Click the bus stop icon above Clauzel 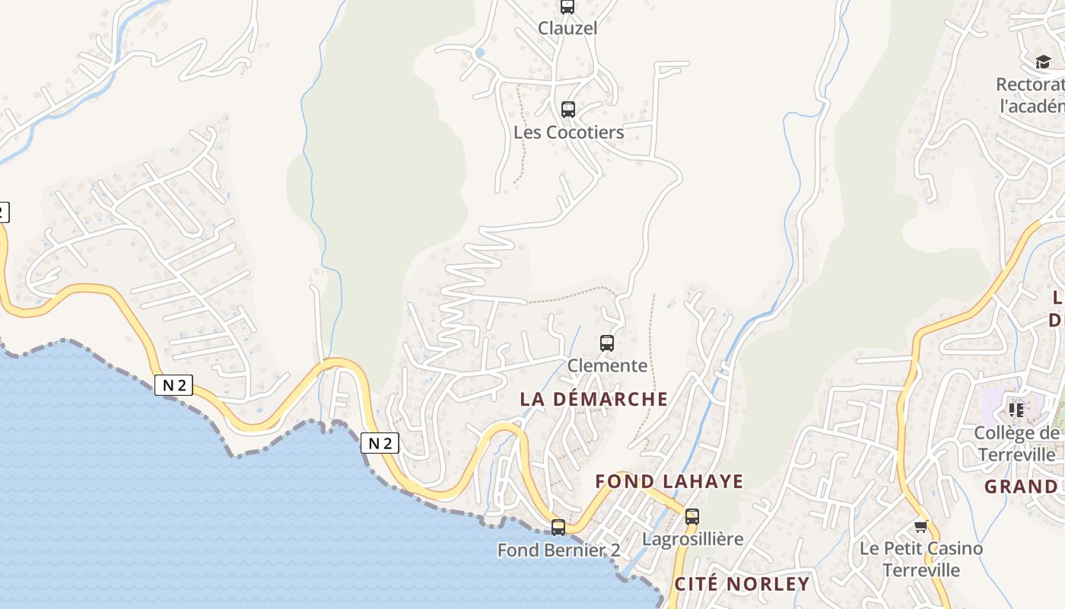(x=567, y=7)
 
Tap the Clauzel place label (x=567, y=28)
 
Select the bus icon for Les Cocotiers (x=568, y=110)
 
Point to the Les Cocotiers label (x=568, y=132)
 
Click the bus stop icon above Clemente (x=606, y=343)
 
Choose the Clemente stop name (x=607, y=365)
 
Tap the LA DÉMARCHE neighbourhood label (x=594, y=399)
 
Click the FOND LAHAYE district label (x=669, y=481)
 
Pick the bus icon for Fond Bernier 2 (x=558, y=527)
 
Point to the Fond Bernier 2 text (x=558, y=550)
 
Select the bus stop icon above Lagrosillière (x=691, y=517)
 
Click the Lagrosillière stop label (x=692, y=539)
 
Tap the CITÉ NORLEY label (x=742, y=584)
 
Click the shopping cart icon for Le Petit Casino (x=921, y=526)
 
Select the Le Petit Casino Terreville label (x=921, y=559)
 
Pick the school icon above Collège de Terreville (x=1016, y=410)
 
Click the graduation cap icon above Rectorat (x=1043, y=62)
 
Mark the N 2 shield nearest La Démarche (x=380, y=443)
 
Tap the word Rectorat (x=1030, y=84)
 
